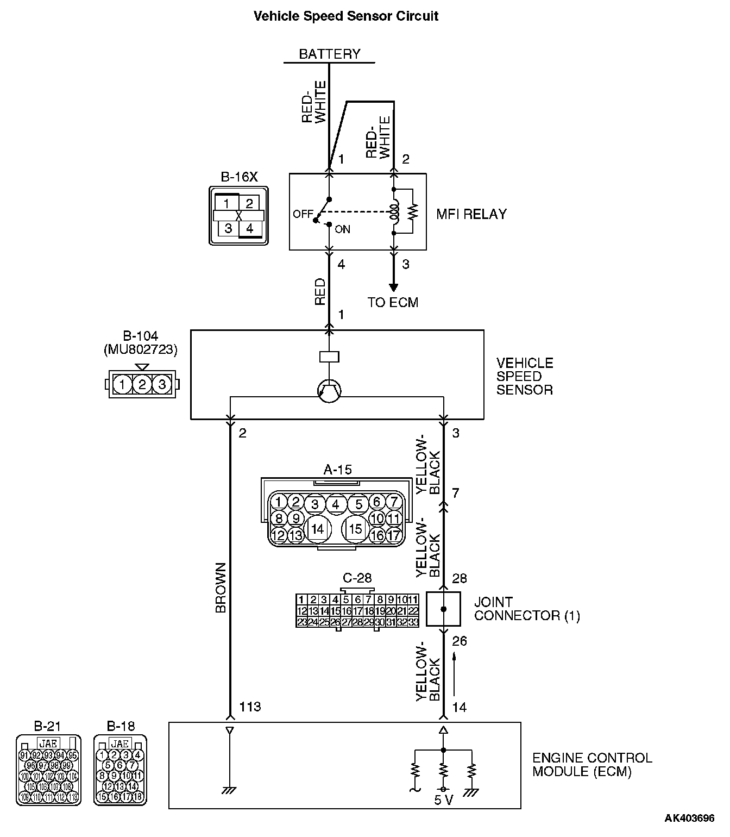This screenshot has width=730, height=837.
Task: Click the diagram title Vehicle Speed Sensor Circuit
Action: coord(346,16)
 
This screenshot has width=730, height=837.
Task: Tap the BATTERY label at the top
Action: coord(330,54)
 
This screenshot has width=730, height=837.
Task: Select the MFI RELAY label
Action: coord(471,214)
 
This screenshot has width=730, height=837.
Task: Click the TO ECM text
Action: coord(393,303)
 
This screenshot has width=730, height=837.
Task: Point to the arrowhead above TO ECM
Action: coord(393,288)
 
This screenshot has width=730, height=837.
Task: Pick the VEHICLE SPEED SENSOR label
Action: coord(524,376)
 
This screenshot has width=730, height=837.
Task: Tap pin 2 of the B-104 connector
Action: coord(142,385)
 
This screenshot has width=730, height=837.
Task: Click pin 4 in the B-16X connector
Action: coord(249,228)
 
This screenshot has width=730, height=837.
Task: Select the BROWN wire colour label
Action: coord(221,588)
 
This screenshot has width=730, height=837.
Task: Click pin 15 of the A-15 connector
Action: coord(355,528)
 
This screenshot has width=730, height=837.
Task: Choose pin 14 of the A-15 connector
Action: coord(317,528)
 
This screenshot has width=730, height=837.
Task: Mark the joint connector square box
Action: coord(443,609)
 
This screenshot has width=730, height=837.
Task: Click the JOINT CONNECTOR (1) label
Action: coord(526,609)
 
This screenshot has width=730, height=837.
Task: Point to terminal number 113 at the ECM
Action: coord(250,707)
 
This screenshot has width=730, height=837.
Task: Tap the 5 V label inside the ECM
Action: coord(444,800)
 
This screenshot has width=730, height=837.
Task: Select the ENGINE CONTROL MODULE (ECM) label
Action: coord(591,765)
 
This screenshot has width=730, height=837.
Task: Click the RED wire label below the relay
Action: coord(320,291)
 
